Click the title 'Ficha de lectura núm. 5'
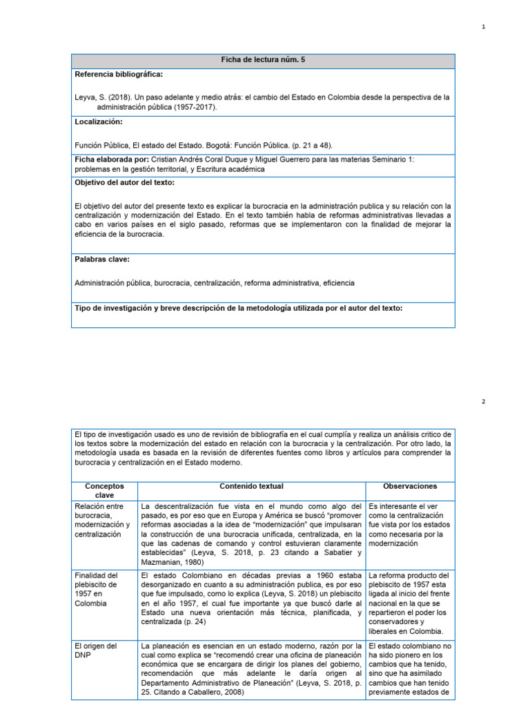coord(263,61)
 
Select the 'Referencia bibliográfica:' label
coord(119,74)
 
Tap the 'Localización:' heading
coord(98,122)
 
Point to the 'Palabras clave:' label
coord(102,260)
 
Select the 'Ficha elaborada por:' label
coord(107,159)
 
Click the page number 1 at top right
coord(483,27)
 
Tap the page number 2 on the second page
coord(483,401)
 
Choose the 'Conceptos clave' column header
coord(104,491)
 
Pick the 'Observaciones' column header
coord(409,487)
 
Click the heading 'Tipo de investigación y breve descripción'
coord(238,308)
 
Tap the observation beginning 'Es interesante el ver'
coord(409,525)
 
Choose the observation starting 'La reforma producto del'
coord(409,603)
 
